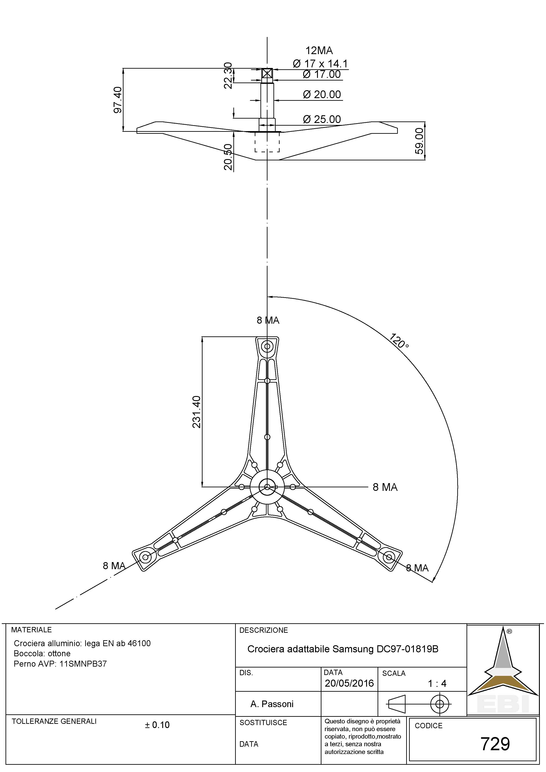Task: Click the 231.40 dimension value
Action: click(196, 412)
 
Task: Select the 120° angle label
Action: click(399, 341)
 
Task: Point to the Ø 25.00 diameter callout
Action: click(322, 119)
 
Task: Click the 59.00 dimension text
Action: click(419, 141)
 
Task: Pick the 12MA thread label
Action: click(319, 51)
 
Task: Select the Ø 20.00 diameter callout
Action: click(322, 94)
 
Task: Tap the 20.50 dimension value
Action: click(229, 157)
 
